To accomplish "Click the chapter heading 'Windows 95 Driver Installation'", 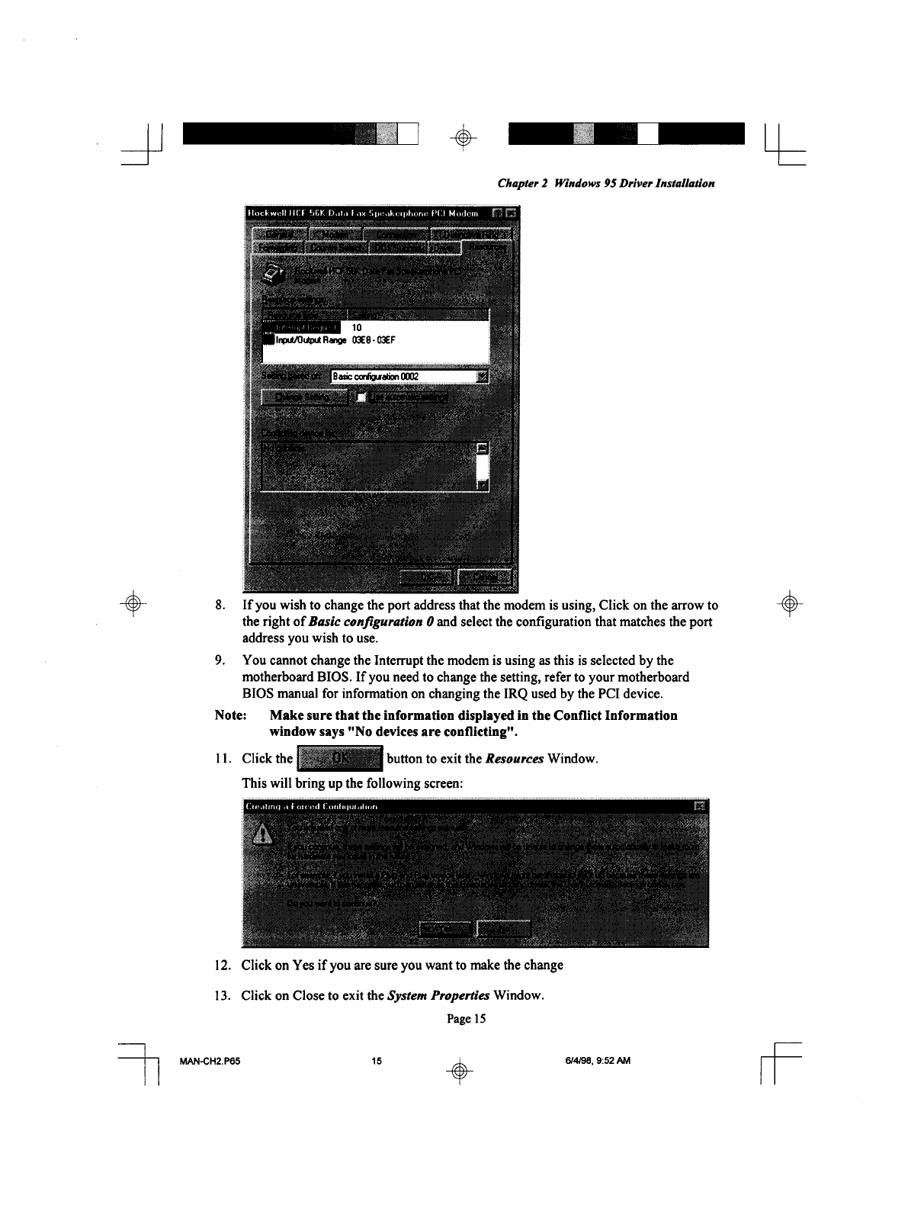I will pos(634,184).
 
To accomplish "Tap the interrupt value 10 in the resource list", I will pos(356,327).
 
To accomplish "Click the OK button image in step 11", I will pos(340,759).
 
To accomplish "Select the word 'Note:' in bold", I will pos(231,715).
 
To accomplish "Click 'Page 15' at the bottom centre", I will pos(466,1018).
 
